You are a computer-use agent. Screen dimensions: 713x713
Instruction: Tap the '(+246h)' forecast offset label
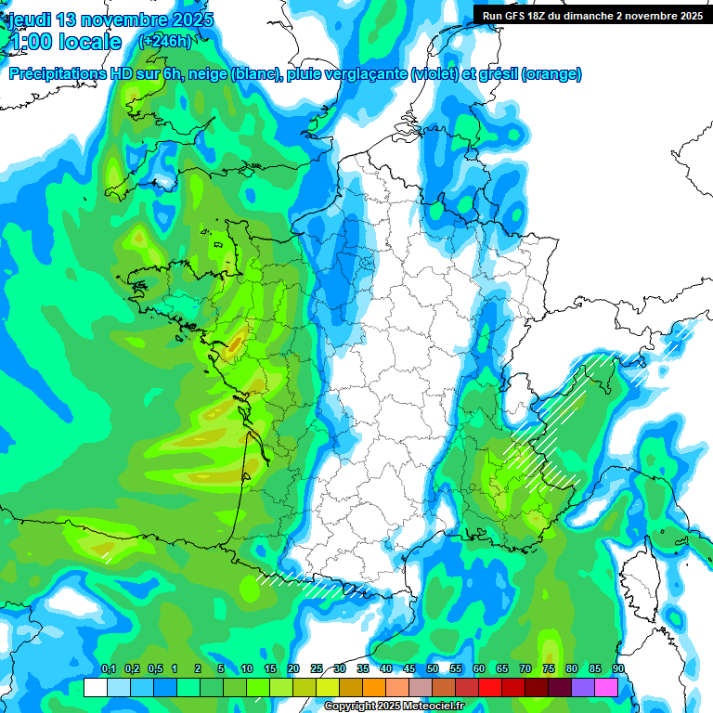(165, 41)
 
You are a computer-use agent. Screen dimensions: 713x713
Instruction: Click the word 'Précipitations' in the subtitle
(56, 74)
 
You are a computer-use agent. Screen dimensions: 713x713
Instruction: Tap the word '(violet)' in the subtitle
(436, 74)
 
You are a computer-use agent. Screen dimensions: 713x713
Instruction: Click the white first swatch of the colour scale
(95, 687)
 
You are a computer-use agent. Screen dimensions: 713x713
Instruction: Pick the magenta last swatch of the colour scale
(606, 687)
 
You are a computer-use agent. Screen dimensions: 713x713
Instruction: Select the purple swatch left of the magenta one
(583, 687)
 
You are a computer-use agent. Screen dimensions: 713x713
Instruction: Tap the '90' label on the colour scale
(617, 669)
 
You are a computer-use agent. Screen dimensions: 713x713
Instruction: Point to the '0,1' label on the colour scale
(108, 669)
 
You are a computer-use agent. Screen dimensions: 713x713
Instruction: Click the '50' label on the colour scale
(433, 669)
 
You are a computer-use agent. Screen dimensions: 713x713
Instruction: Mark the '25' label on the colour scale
(317, 669)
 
